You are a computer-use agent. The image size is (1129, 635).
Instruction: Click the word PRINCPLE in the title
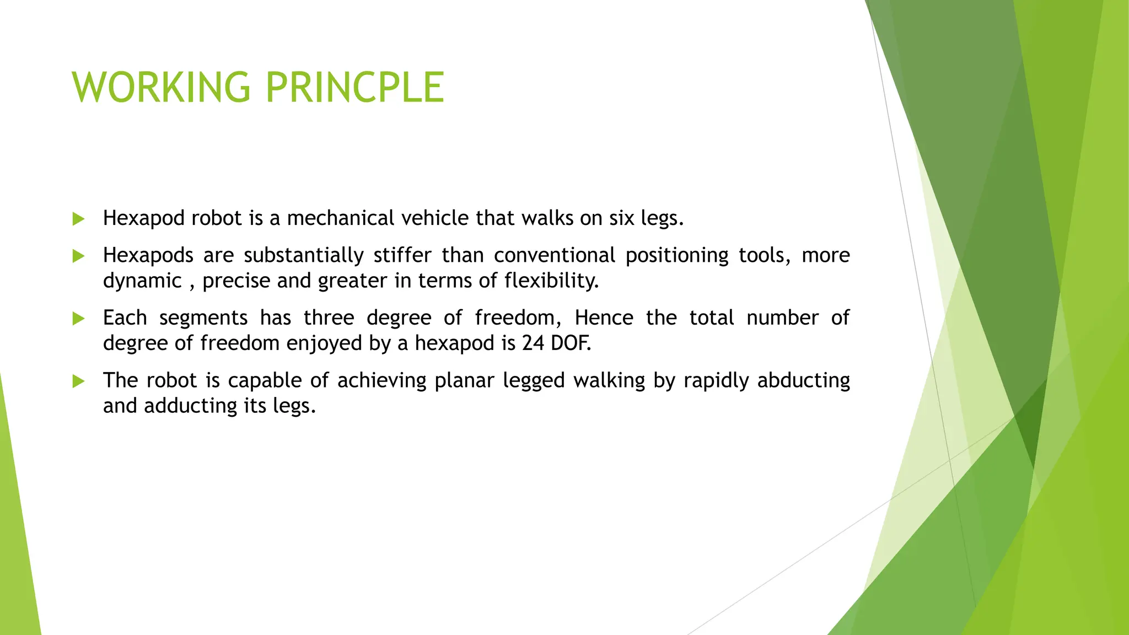click(354, 87)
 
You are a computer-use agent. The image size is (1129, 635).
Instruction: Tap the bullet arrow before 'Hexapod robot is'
click(78, 219)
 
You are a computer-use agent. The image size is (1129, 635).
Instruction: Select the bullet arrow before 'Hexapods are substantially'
click(78, 256)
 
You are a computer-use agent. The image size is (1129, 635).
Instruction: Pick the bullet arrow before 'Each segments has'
click(78, 319)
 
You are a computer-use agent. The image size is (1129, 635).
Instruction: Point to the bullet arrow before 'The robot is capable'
click(78, 381)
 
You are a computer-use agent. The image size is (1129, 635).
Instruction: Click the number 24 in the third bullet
click(533, 343)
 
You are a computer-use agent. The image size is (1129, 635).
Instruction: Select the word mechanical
click(340, 218)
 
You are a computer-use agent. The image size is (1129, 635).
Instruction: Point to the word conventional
click(554, 255)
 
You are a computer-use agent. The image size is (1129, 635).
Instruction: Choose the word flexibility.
click(551, 281)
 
